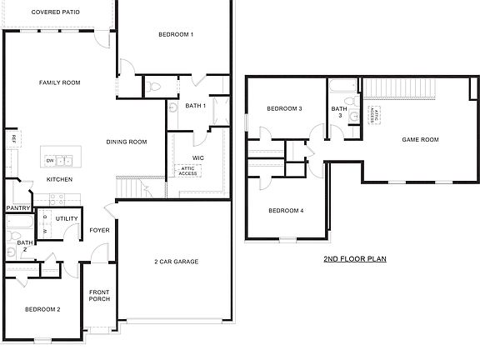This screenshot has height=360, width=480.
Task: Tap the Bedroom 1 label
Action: (176, 34)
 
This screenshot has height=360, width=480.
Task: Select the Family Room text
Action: (59, 82)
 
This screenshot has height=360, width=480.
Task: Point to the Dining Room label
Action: (127, 142)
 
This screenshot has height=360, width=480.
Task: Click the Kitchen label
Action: (59, 180)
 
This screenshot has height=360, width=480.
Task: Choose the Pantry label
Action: (17, 208)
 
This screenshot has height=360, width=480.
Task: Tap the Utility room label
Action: (67, 219)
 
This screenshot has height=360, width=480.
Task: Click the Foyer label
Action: (100, 230)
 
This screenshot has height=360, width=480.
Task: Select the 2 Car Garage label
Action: (176, 262)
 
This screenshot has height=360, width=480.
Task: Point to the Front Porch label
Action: (100, 295)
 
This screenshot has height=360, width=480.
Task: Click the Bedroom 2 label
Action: (42, 309)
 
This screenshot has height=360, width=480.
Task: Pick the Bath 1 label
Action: (196, 106)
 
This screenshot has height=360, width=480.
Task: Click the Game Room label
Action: (420, 139)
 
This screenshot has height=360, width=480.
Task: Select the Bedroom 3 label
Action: (284, 109)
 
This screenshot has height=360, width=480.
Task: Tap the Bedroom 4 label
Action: (286, 211)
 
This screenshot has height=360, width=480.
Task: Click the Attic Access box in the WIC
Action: (187, 171)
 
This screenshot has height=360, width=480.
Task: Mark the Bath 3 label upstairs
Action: (339, 112)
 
